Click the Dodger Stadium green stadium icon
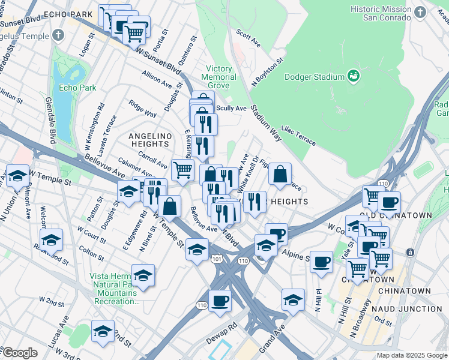point(354,76)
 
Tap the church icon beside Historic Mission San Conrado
point(419,11)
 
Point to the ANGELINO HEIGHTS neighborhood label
point(149,140)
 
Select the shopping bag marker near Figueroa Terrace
point(280,175)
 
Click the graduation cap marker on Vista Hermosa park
point(142,275)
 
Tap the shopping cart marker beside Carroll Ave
point(182,169)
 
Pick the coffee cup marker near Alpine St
point(322,262)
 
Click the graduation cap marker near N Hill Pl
point(293,299)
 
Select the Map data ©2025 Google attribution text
point(411,355)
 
